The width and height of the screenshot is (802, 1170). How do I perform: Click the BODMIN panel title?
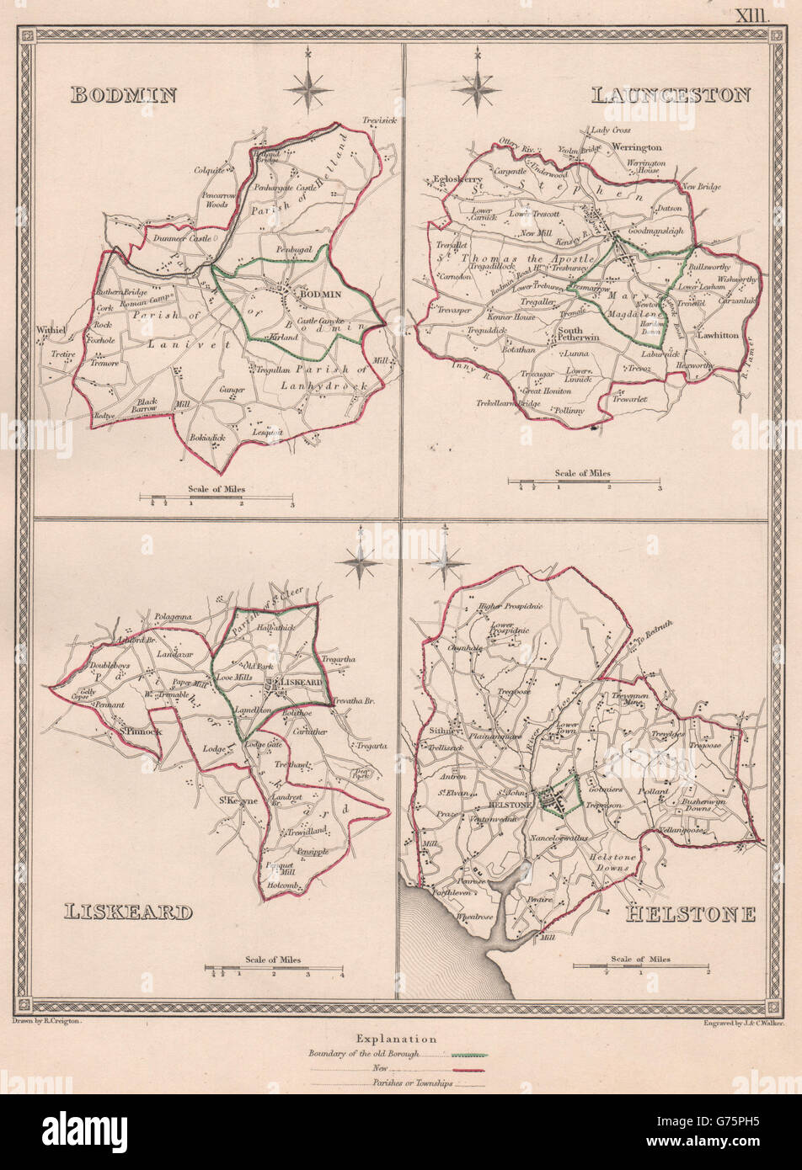pyautogui.click(x=123, y=94)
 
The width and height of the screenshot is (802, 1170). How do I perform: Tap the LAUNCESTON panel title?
pyautogui.click(x=671, y=94)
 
